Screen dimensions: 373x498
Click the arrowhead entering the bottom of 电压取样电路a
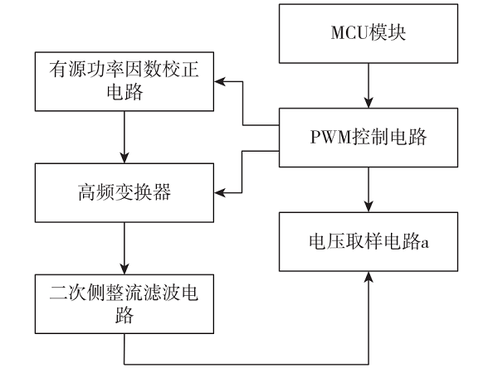click(x=369, y=274)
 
